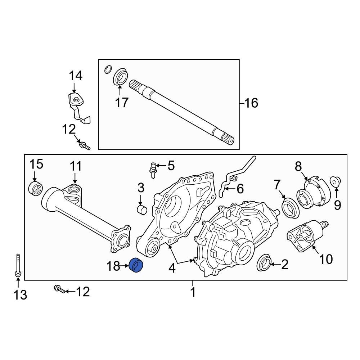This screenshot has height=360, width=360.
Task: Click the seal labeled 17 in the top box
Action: (120, 78)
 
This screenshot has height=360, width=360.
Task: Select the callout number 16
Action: (251, 103)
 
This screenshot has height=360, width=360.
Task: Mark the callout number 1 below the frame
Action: (193, 292)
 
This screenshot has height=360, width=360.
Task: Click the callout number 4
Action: (172, 268)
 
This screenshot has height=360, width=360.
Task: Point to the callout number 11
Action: (76, 166)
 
